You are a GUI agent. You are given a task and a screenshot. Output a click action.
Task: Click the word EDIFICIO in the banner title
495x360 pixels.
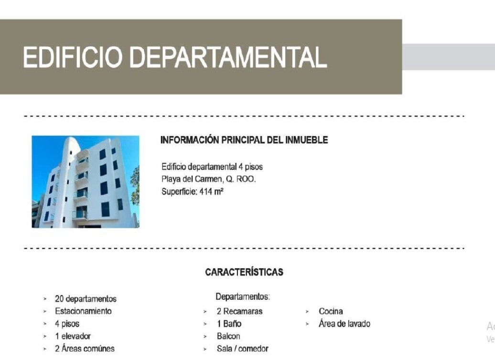point(73,57)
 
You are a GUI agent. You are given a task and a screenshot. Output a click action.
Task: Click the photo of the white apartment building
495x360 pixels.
point(86,182)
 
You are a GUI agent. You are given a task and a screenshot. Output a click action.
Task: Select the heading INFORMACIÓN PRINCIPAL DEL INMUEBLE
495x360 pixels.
point(244,140)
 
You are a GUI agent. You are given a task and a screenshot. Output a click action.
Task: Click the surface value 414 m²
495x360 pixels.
point(212,191)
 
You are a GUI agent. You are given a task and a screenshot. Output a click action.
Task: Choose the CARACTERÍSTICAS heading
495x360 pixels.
point(244,272)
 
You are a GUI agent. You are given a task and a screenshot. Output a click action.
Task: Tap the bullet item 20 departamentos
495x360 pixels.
point(86,299)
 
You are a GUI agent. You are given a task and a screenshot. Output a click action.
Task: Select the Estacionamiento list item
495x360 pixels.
point(83,311)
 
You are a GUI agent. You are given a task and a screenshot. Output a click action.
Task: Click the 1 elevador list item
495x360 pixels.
point(73,336)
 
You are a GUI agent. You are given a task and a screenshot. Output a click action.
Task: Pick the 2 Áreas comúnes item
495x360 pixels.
point(85,349)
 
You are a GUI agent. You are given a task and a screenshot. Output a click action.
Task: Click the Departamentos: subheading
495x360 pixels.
point(243,296)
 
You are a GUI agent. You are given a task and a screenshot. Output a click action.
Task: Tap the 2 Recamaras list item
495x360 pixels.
point(239,311)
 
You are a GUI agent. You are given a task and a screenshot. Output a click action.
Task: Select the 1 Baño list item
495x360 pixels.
point(229,324)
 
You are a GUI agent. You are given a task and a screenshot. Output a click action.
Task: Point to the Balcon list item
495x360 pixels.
point(228,336)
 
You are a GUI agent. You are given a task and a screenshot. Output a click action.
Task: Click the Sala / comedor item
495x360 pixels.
point(242,349)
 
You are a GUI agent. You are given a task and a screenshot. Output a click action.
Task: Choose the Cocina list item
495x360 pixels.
point(331,311)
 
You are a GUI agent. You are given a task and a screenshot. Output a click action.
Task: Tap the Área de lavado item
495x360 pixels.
point(344,324)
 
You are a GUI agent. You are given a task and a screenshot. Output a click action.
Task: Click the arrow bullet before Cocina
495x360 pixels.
point(307,312)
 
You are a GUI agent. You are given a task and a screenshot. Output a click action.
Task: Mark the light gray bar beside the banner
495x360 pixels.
point(449,57)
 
